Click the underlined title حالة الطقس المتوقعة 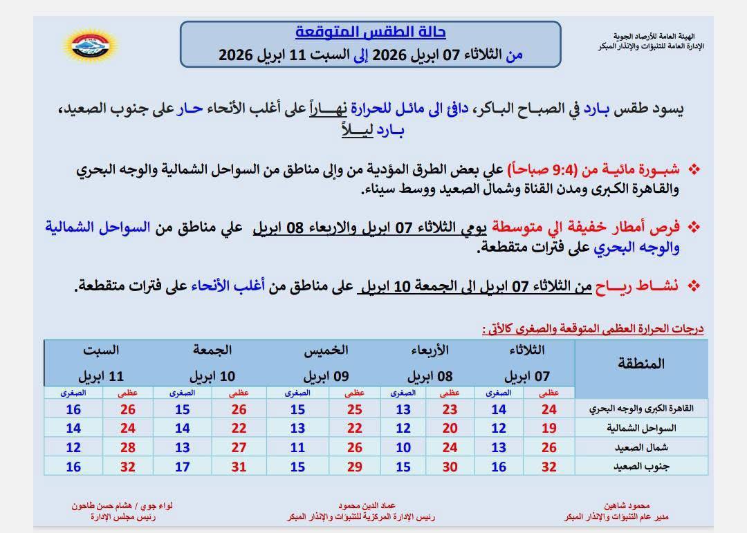[371, 32]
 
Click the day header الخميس [324, 351]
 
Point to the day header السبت [102, 351]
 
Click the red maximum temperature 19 [549, 429]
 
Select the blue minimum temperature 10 [403, 447]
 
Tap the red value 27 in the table [239, 447]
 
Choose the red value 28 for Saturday [127, 447]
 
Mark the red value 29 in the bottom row [354, 467]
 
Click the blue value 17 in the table [183, 467]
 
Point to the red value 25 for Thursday [354, 409]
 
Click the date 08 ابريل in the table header [429, 377]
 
